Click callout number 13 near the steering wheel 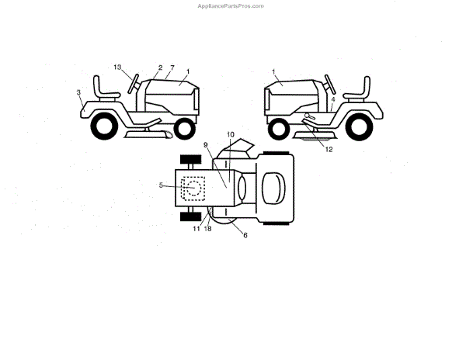[x=117, y=67]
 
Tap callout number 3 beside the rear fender [x=78, y=92]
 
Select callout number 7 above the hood [x=172, y=68]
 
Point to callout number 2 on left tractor [x=160, y=67]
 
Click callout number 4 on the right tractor [x=332, y=99]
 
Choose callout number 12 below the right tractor [x=329, y=149]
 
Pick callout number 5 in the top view [x=161, y=185]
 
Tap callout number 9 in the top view [x=206, y=144]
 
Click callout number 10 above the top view [x=230, y=135]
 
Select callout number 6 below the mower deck [x=245, y=234]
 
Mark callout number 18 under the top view [x=208, y=229]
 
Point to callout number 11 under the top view [x=196, y=229]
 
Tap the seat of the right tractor [x=359, y=87]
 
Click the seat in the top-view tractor [x=273, y=186]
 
